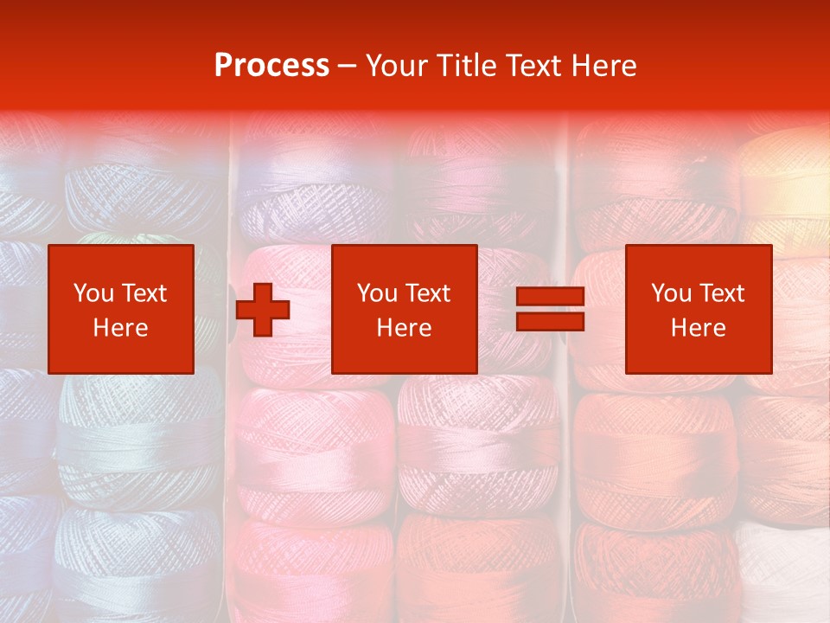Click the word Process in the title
pyautogui.click(x=271, y=66)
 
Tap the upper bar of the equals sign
pyautogui.click(x=550, y=298)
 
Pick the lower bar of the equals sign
pyautogui.click(x=550, y=322)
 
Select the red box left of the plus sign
pyautogui.click(x=121, y=309)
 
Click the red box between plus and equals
pyautogui.click(x=405, y=309)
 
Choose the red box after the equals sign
pyautogui.click(x=699, y=309)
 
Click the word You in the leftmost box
pyautogui.click(x=93, y=293)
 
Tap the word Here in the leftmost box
pyautogui.click(x=120, y=328)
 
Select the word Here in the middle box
pyautogui.click(x=404, y=328)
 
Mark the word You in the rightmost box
pyautogui.click(x=671, y=293)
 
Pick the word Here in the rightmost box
pyautogui.click(x=698, y=328)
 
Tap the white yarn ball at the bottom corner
pyautogui.click(x=787, y=571)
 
